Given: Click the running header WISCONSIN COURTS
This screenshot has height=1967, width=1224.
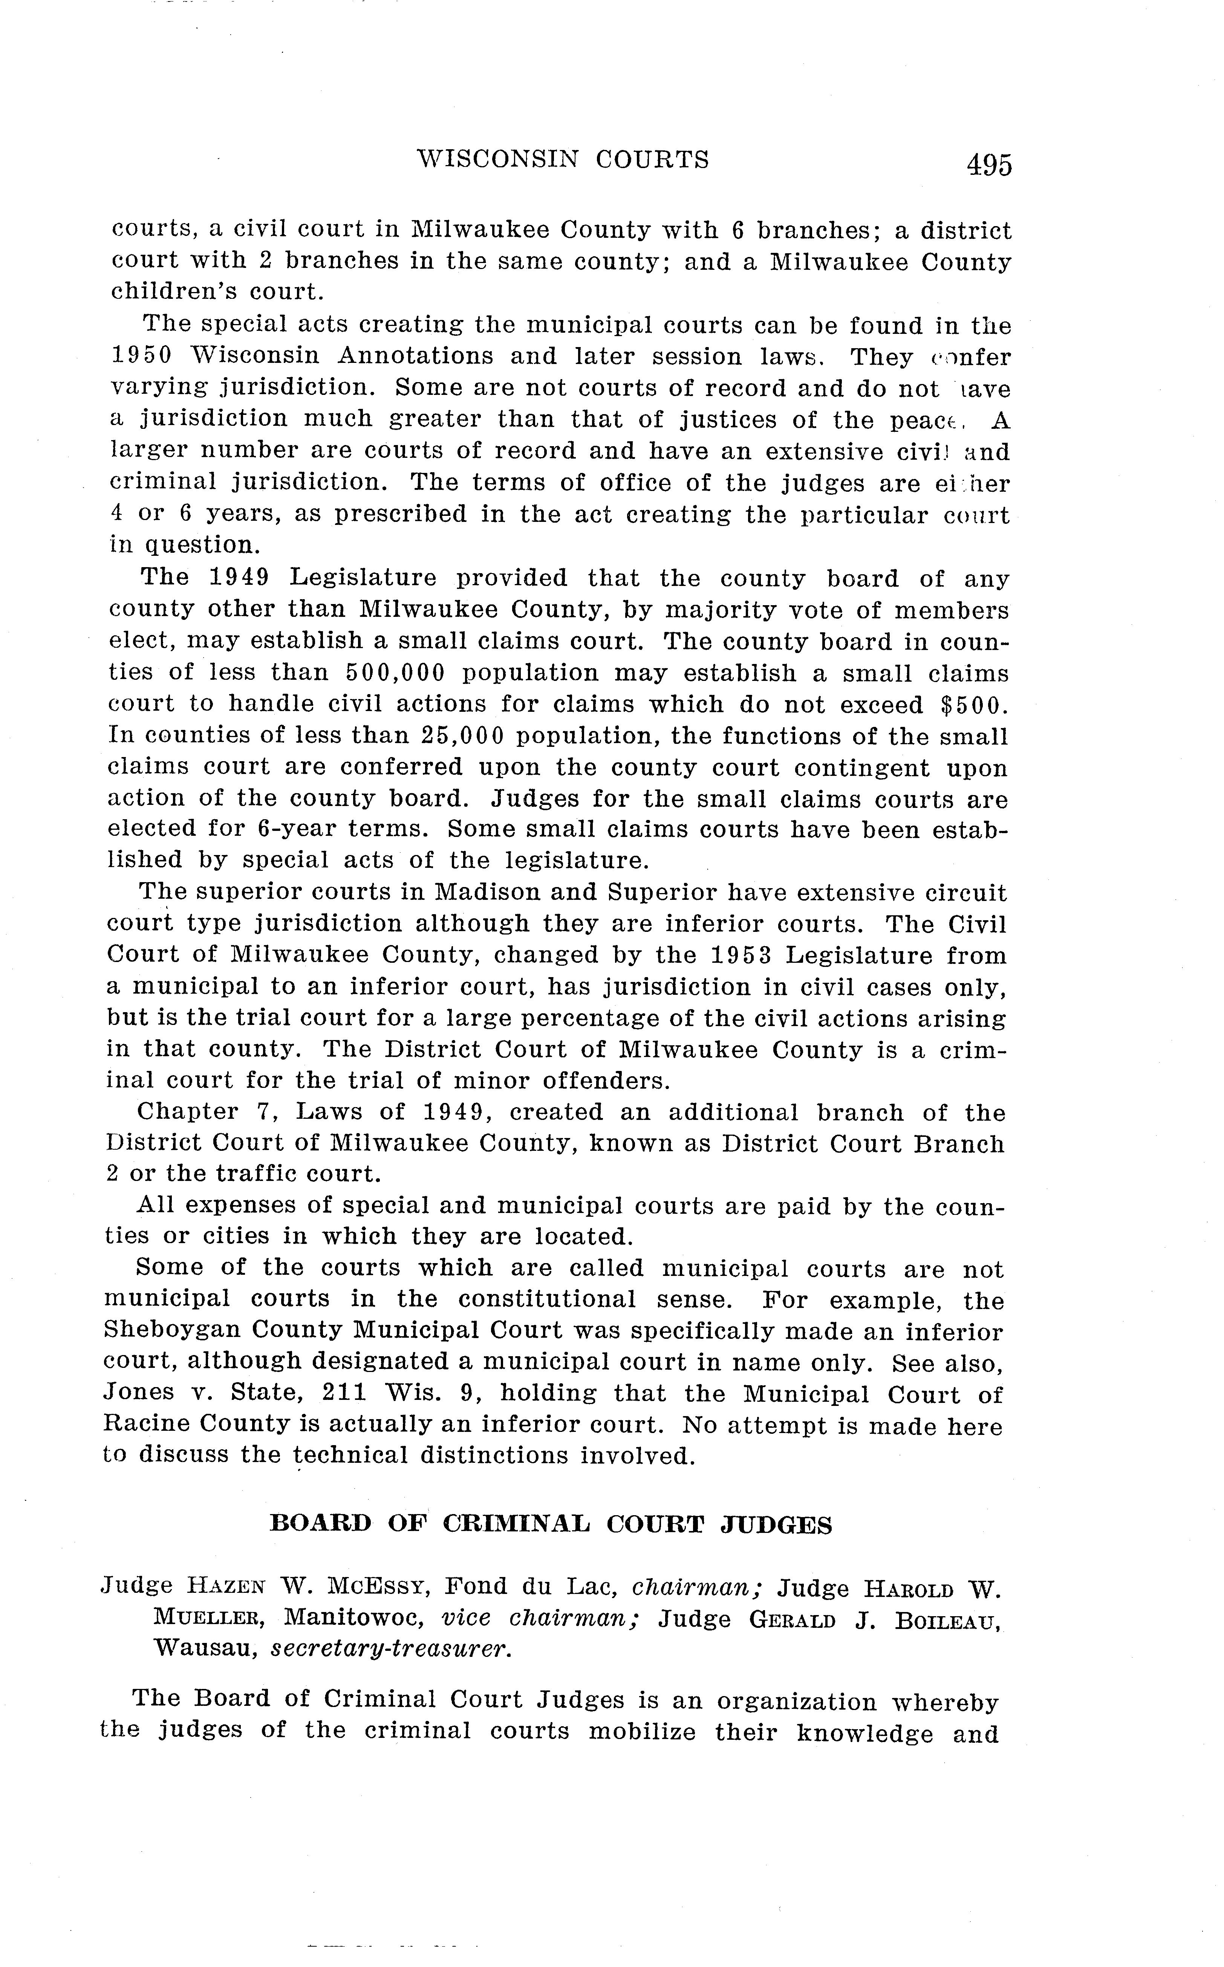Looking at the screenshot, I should click(563, 159).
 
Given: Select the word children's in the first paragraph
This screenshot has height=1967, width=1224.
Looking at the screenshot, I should click(170, 291).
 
